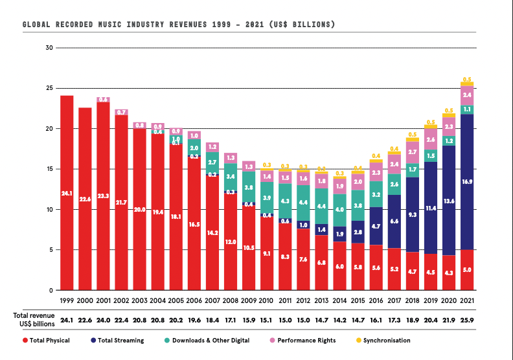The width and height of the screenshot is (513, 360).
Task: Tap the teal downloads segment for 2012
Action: pyautogui.click(x=303, y=203)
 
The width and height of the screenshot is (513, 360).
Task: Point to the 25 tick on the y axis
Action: pyautogui.click(x=49, y=88)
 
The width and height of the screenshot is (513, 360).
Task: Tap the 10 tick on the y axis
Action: pyautogui.click(x=49, y=209)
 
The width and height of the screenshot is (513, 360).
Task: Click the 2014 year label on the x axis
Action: pyautogui.click(x=339, y=300)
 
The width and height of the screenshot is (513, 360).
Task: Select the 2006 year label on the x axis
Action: pyautogui.click(x=194, y=300)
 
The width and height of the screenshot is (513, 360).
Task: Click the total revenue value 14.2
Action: pyautogui.click(x=339, y=321)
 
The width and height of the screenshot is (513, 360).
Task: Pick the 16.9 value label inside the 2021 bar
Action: pyautogui.click(x=467, y=182)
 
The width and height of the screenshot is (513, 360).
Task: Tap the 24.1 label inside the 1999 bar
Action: pyautogui.click(x=67, y=192)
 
